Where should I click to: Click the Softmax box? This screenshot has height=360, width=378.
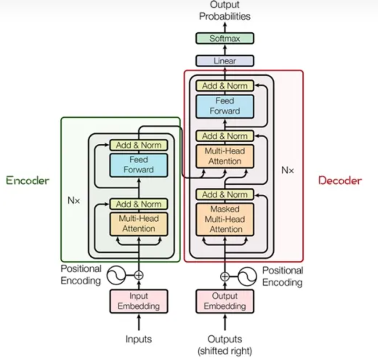coord(225,39)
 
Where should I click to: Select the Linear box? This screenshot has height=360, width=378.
coord(225,61)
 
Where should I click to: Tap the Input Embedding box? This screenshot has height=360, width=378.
coord(139,301)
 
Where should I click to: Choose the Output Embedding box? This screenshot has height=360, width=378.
coord(225,301)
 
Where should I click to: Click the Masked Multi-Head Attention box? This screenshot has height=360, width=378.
coord(225,219)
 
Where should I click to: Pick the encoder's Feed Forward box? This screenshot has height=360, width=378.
coord(139,165)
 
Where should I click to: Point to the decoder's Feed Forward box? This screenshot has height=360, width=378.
coord(225,106)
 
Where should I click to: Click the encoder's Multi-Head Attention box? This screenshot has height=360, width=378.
coord(139,224)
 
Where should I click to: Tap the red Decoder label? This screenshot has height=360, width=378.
coord(340,181)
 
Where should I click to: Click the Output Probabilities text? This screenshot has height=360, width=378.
coord(225,11)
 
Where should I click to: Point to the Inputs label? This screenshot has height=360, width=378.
coord(139,339)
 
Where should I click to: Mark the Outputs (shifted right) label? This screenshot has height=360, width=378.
coord(225,345)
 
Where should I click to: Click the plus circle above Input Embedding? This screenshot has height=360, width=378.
coord(139,275)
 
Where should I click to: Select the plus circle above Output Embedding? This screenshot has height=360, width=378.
coord(225,277)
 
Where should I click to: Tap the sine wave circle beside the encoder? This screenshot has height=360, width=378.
coord(116,275)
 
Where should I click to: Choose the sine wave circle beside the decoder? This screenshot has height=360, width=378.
coord(247,277)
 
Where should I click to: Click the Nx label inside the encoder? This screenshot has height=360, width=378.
coord(74,201)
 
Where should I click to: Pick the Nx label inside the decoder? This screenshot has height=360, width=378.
coord(288,171)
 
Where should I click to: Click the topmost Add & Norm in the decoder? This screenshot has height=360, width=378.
coord(225,86)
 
